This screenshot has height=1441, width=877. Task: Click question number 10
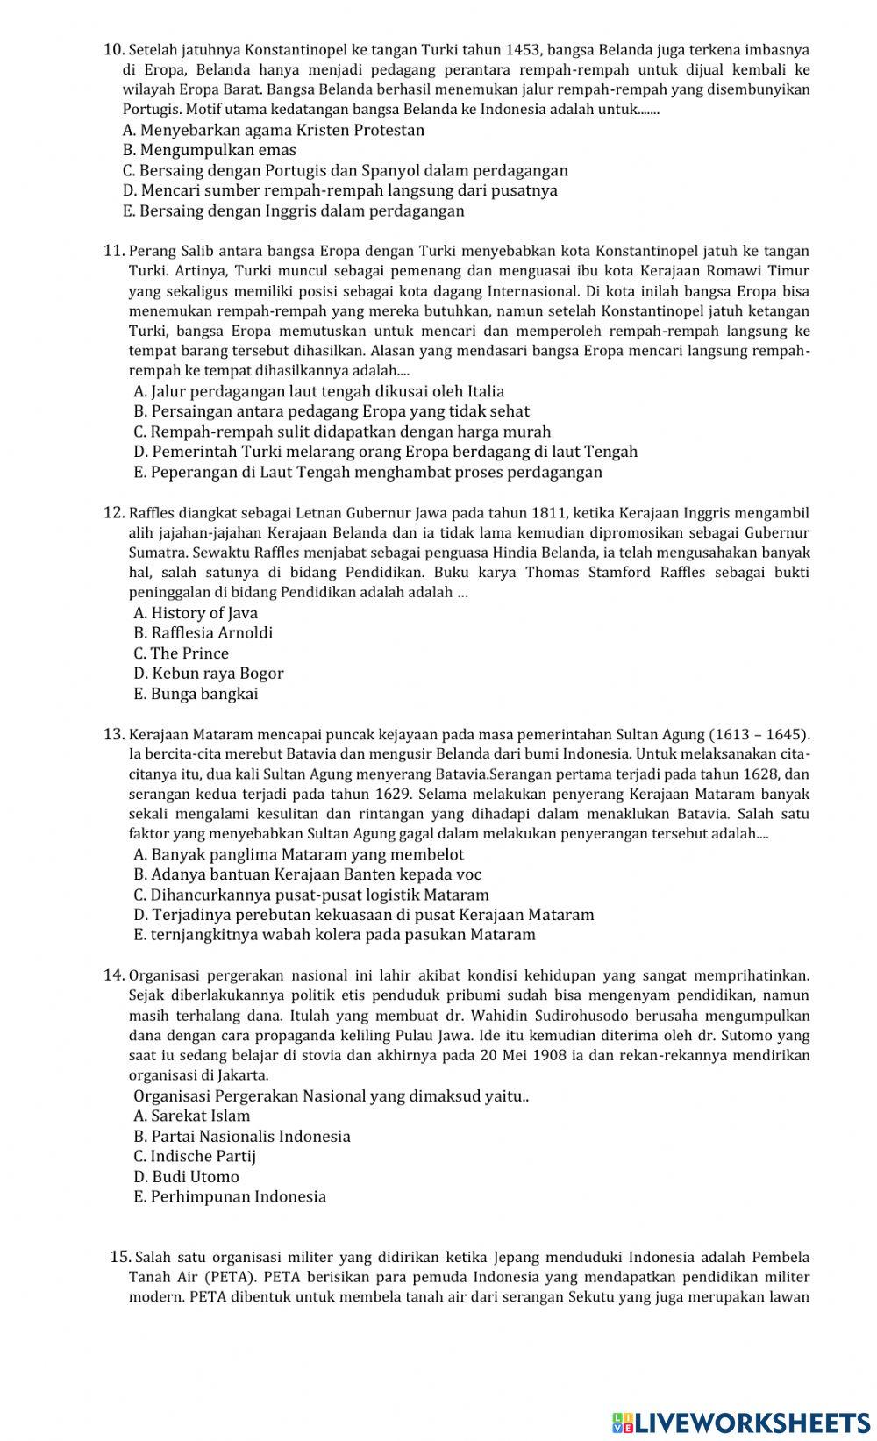pos(114,50)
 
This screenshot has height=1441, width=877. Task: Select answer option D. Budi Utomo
pos(186,1177)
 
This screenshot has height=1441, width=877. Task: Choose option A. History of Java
pos(196,613)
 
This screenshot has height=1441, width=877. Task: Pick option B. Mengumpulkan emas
pos(210,150)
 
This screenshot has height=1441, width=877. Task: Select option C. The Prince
pos(181,653)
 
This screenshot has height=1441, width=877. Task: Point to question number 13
pos(114,734)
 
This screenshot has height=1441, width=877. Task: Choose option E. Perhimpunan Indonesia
pos(230,1197)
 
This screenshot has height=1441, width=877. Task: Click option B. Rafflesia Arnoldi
pos(203,633)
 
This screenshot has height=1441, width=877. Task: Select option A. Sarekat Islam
pos(192,1116)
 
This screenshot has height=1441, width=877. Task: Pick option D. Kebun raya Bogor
pos(209,674)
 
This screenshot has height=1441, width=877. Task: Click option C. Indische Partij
pos(195,1157)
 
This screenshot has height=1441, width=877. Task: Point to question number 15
pos(120,1258)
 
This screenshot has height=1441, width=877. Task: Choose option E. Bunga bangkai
pos(196,694)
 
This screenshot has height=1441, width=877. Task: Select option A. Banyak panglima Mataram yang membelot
pos(299,854)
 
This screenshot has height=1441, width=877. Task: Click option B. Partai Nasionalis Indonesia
pos(242,1137)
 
